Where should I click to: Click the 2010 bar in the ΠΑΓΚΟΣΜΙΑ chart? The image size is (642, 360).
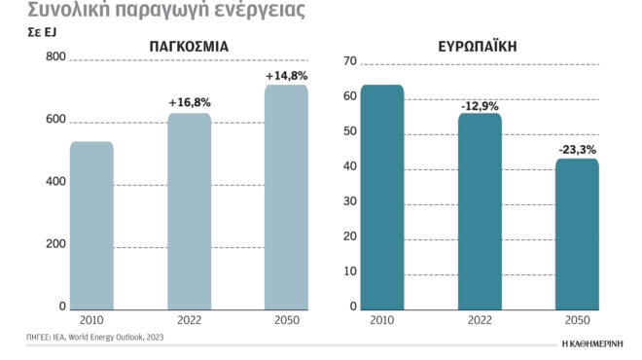click(x=91, y=226)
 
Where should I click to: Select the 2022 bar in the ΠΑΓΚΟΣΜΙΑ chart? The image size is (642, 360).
click(x=189, y=212)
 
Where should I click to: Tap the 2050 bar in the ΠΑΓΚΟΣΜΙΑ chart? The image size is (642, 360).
click(x=286, y=198)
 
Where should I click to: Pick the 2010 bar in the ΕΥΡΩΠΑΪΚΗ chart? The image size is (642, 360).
click(x=381, y=198)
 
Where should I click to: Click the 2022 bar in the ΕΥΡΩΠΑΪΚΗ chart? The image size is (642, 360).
click(x=480, y=212)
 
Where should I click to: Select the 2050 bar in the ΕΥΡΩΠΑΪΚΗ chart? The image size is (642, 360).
click(x=577, y=234)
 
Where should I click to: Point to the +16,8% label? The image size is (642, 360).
click(x=189, y=101)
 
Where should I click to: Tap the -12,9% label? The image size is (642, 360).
click(x=480, y=104)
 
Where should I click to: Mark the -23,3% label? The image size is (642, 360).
click(x=577, y=149)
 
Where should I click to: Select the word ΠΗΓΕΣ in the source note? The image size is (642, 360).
click(x=40, y=337)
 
